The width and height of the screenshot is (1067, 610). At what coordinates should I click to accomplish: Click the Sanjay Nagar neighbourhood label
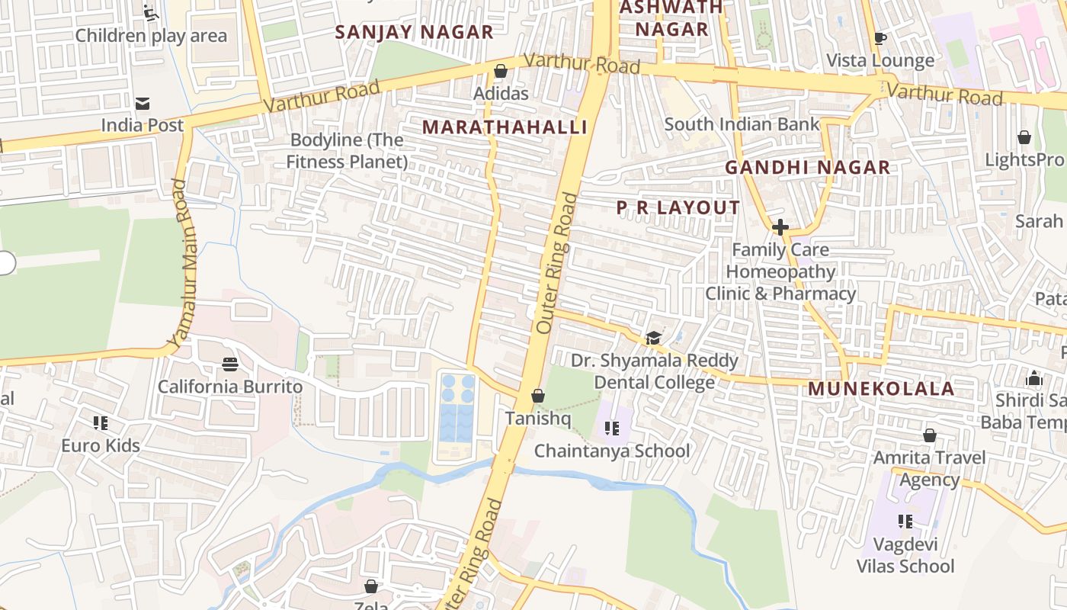[415, 32]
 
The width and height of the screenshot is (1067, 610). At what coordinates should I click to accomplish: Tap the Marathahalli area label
[505, 127]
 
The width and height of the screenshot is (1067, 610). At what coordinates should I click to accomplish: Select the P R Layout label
[678, 207]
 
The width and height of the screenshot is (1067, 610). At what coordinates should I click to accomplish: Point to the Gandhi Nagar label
[807, 168]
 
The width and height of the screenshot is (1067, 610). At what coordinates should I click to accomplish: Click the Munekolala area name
[881, 389]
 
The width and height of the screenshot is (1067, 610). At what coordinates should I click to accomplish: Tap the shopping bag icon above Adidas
[501, 72]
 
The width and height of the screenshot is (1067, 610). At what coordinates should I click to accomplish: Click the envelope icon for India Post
[143, 104]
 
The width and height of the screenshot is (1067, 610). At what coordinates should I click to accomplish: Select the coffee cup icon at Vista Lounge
[880, 38]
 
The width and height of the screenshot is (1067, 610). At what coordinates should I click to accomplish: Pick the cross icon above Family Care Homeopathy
[780, 227]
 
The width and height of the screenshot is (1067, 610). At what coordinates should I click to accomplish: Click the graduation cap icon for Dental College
[653, 338]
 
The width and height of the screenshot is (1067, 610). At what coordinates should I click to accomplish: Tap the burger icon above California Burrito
[230, 364]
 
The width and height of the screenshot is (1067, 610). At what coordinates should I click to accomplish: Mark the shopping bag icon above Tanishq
[537, 396]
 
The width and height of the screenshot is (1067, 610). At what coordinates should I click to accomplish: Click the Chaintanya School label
[611, 451]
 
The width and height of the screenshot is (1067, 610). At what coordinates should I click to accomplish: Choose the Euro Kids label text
[101, 445]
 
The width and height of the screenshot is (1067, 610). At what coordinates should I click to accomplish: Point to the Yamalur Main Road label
[180, 264]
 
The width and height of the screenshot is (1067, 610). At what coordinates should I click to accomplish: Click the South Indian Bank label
[742, 124]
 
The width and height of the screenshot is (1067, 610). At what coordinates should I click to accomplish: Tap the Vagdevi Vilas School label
[905, 556]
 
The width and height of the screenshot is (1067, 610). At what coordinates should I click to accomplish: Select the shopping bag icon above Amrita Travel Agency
[929, 435]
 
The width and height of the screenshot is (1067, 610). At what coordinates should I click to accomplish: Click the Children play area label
[151, 35]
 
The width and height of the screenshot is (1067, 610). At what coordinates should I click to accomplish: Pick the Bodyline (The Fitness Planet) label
[347, 151]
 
